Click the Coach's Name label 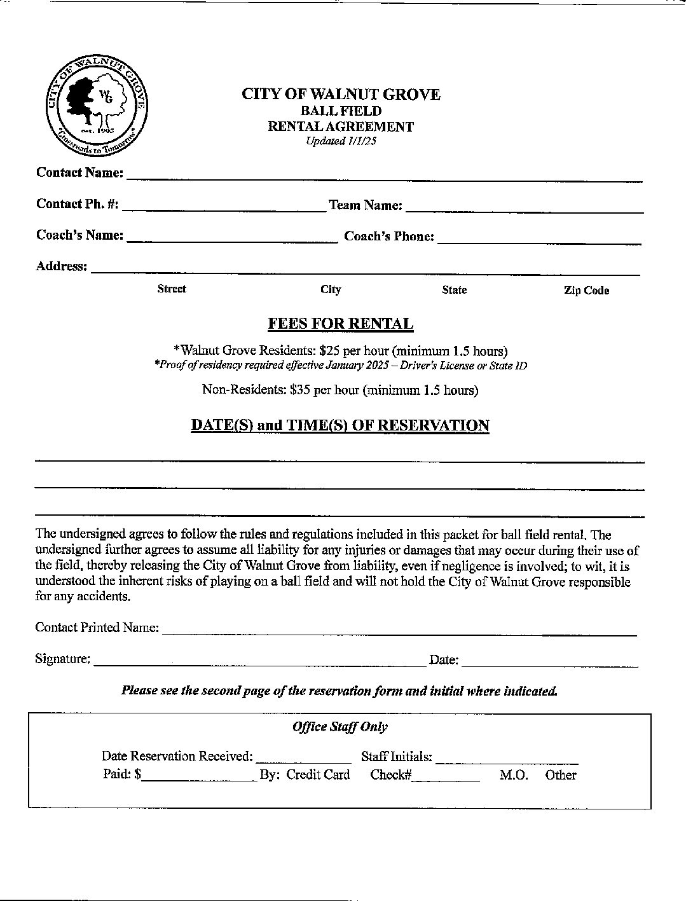(79, 235)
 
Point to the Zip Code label (586, 291)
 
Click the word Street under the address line (172, 289)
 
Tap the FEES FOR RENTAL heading (341, 324)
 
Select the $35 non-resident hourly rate (299, 390)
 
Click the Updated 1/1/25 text (341, 141)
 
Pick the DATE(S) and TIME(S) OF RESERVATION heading (340, 425)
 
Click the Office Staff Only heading (340, 727)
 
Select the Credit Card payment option (318, 774)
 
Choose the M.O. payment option (514, 775)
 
